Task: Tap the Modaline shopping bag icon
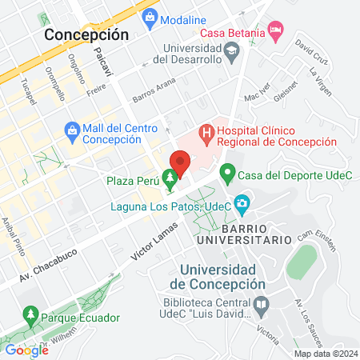pos(150,18)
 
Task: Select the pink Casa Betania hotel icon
pos(276,31)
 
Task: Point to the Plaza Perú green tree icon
pos(169,177)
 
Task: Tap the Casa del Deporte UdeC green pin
pos(226,170)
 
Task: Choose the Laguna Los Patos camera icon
pos(241,204)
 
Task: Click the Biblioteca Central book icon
pos(261,305)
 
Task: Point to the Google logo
pos(26,350)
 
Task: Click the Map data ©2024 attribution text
pos(325,354)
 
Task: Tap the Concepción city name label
pos(86,34)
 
